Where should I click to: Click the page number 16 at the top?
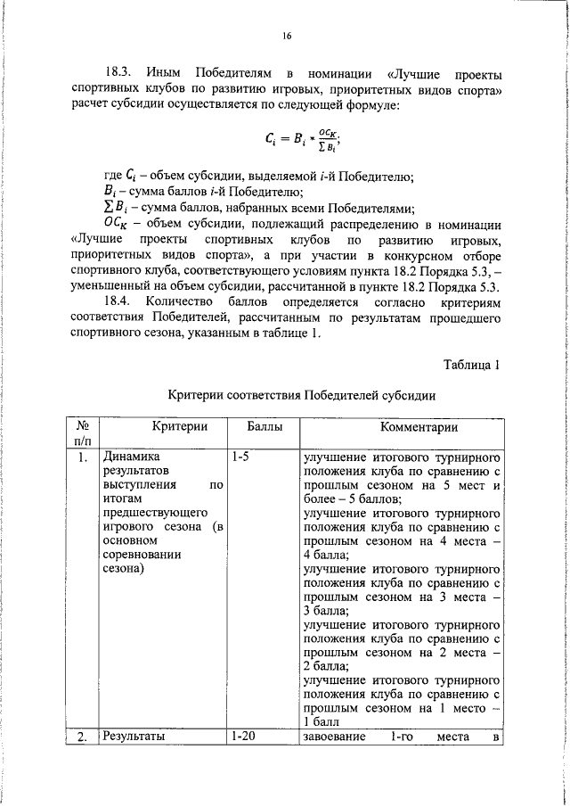click(287, 36)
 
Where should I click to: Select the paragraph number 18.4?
click(118, 301)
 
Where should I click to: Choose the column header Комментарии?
click(399, 428)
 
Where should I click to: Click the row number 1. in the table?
click(81, 458)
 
